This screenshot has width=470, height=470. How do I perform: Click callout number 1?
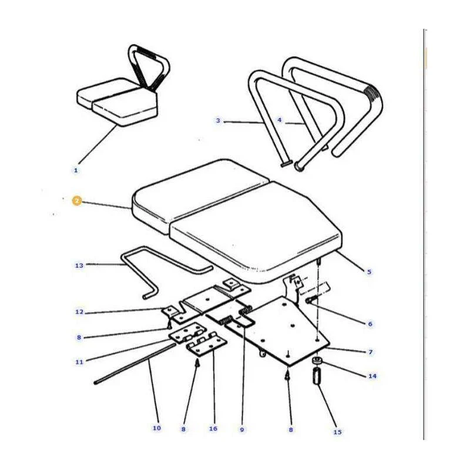click(x=76, y=170)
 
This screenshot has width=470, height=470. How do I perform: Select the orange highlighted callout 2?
click(x=77, y=201)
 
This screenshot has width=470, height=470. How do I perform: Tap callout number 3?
click(x=218, y=120)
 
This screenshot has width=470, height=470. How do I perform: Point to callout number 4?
click(x=280, y=120)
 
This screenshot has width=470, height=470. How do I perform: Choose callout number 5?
click(x=370, y=272)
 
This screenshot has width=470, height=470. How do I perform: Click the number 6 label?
click(x=370, y=324)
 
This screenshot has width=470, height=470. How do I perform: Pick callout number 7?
click(x=371, y=352)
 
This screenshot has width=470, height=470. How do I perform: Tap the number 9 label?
click(x=242, y=429)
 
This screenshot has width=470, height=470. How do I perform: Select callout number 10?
click(x=157, y=428)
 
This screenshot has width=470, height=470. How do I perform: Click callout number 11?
click(x=79, y=362)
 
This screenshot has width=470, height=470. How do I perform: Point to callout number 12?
click(x=79, y=312)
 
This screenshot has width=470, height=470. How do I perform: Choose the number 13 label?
click(x=79, y=266)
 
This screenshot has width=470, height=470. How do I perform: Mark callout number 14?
click(x=372, y=376)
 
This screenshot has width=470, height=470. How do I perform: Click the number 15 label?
click(x=337, y=432)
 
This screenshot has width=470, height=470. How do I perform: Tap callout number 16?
click(x=213, y=429)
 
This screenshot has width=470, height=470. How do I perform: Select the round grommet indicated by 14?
click(x=317, y=361)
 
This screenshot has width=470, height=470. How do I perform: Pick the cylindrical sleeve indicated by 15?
click(x=317, y=376)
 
